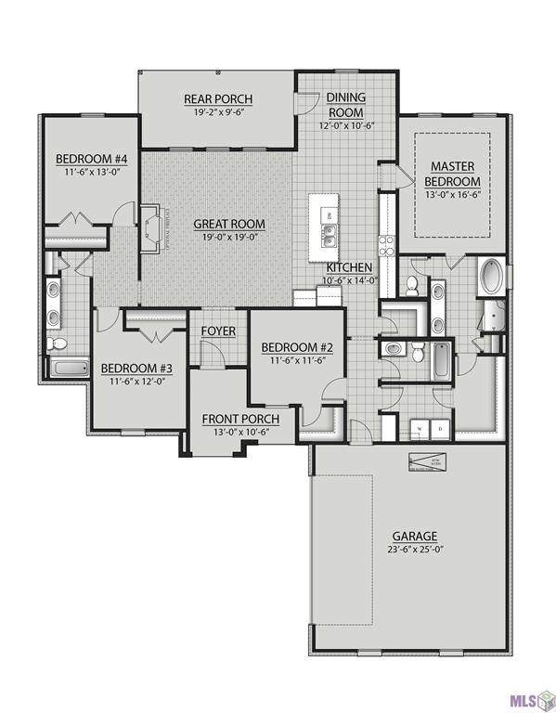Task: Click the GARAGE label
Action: [414, 536]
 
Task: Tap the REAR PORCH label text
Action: [218, 100]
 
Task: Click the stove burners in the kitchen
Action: [387, 246]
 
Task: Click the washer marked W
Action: [419, 428]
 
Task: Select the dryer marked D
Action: [440, 428]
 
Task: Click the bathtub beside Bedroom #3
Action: [68, 368]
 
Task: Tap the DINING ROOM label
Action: [345, 105]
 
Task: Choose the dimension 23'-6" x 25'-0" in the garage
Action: [414, 551]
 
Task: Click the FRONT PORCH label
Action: [240, 420]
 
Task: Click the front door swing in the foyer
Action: [213, 350]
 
